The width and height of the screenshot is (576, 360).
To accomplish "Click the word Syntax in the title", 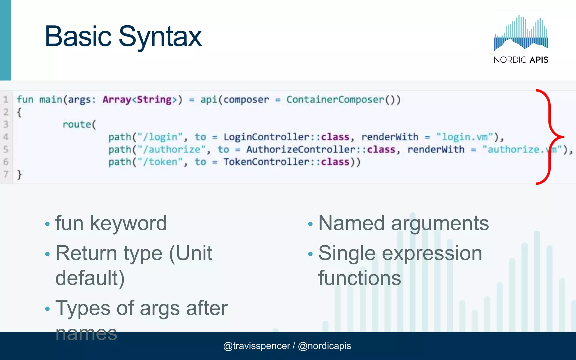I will click(x=160, y=37).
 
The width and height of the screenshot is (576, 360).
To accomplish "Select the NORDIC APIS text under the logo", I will click(x=521, y=60).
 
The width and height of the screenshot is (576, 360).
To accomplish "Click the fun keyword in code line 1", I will click(x=25, y=100).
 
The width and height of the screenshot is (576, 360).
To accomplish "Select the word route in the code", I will click(x=76, y=124).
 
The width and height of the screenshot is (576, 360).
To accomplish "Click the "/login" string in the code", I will click(x=160, y=137).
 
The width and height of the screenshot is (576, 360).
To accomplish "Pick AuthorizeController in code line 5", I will click(x=301, y=149).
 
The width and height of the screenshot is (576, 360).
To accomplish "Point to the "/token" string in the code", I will click(x=160, y=162).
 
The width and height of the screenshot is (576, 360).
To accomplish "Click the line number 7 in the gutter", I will click(x=6, y=174).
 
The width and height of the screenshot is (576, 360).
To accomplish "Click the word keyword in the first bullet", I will click(x=129, y=223).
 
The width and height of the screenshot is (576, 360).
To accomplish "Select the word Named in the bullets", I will click(x=351, y=223).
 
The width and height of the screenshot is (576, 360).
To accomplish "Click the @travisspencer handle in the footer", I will click(x=256, y=346).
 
